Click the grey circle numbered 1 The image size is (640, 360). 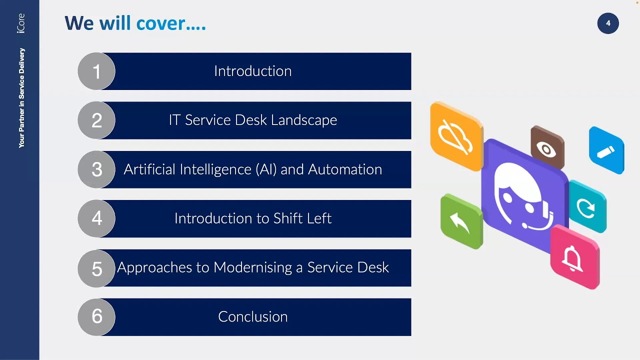point(96,71)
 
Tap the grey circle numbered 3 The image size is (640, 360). point(96,169)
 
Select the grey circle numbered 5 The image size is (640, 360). point(96,268)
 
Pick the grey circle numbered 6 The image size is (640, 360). point(96,316)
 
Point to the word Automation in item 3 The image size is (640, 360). point(345,169)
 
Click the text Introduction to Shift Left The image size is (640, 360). point(252,218)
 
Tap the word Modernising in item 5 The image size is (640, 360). point(253,267)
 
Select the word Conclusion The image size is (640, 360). point(252,316)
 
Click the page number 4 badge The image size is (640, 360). point(608,23)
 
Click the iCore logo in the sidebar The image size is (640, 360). point(20,23)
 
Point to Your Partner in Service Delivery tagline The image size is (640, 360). point(21,97)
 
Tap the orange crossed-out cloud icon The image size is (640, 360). point(455,136)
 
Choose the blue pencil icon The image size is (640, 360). point(606,151)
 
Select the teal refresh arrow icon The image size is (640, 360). point(587,207)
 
